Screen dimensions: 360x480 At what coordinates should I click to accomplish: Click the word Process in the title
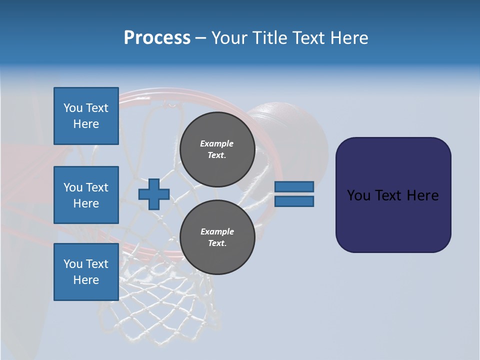157,37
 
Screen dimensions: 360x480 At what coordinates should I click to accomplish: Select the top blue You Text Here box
86,116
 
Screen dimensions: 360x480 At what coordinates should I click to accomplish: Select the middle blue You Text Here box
86,195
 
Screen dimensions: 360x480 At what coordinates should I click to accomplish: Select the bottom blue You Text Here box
86,272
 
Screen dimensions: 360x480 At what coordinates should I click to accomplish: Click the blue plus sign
154,194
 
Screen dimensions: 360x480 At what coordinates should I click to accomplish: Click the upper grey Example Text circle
217,149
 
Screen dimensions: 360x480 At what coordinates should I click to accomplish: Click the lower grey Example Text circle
217,237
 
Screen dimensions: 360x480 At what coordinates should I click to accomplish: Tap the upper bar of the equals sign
294,186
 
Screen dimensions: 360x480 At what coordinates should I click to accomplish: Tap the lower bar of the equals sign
294,201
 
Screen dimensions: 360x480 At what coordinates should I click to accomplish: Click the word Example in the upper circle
217,143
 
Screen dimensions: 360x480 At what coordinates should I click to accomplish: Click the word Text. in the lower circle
217,243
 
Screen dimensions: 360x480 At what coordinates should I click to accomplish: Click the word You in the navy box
359,195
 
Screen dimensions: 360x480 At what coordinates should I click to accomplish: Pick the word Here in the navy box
422,195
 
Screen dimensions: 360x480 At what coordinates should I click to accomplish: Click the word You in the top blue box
73,108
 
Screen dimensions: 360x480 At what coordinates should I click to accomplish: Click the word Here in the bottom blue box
86,280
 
